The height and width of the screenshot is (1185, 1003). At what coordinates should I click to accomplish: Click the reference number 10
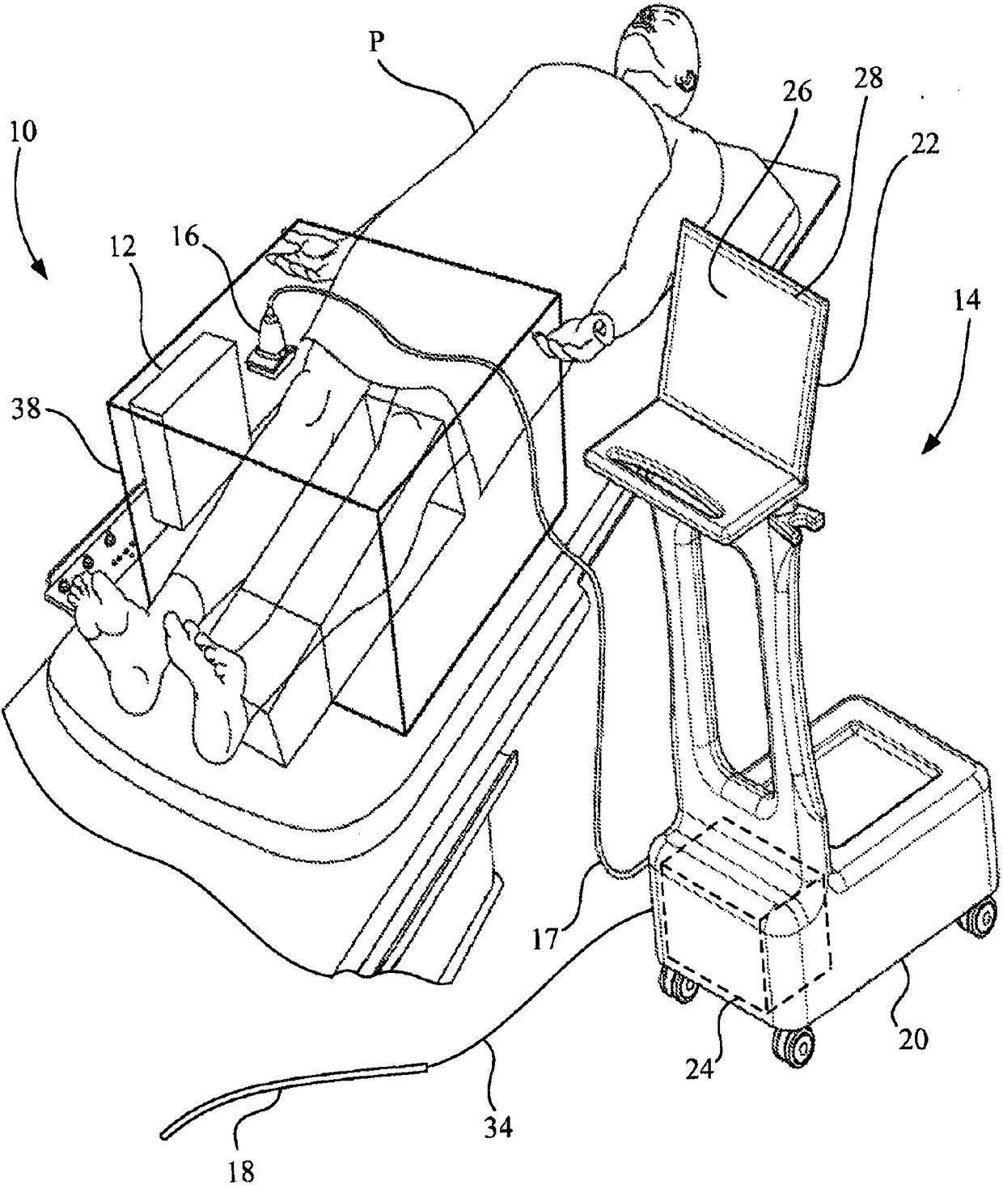coord(23,133)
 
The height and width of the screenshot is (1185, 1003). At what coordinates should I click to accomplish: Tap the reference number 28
coord(866,79)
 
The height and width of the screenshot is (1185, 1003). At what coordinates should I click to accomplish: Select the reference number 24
coord(701,1070)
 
